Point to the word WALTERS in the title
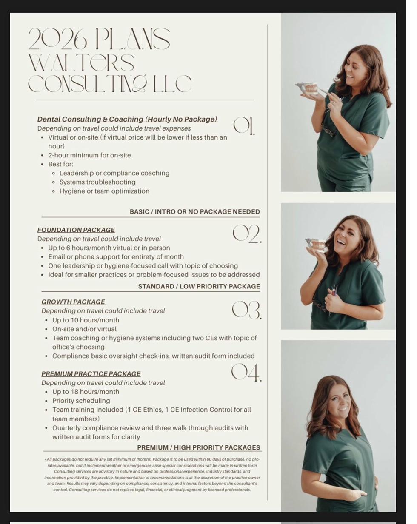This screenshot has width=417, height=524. pyautogui.click(x=82, y=63)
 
